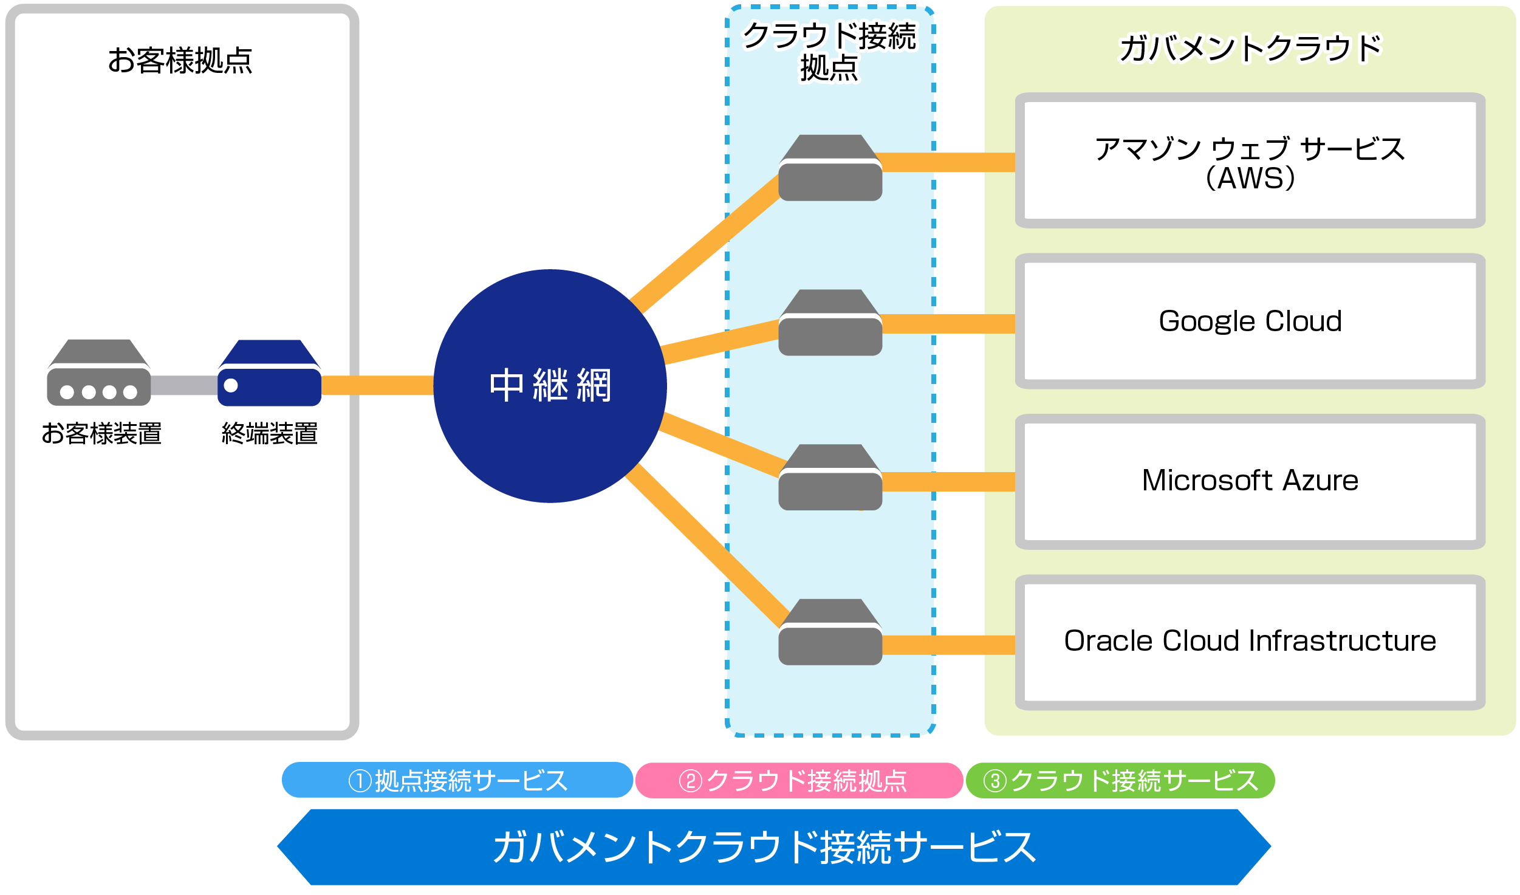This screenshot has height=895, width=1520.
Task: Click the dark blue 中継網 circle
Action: pyautogui.click(x=550, y=386)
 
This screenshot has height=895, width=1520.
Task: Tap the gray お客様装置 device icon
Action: pyautogui.click(x=99, y=373)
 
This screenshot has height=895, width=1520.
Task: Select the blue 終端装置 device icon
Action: pyautogui.click(x=269, y=373)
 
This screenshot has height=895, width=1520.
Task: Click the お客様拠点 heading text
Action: pyautogui.click(x=180, y=60)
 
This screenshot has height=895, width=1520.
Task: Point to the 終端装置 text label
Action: pyautogui.click(x=269, y=433)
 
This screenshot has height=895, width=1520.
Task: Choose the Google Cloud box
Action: pyautogui.click(x=1250, y=321)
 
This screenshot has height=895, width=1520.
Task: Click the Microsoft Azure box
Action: pyautogui.click(x=1250, y=481)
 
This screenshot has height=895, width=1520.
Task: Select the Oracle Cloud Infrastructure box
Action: pyautogui.click(x=1250, y=642)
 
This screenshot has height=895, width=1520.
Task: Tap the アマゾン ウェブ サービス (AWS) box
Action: pyautogui.click(x=1250, y=161)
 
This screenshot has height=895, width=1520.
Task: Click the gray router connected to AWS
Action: pyautogui.click(x=830, y=168)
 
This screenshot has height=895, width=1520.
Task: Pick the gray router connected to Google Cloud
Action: pyautogui.click(x=830, y=323)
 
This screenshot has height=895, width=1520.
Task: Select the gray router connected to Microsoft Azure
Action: pyautogui.click(x=830, y=478)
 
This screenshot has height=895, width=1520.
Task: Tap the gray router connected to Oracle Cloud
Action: pyautogui.click(x=830, y=633)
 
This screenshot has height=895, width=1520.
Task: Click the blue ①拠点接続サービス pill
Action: pyautogui.click(x=457, y=780)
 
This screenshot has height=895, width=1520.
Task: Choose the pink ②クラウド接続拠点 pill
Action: pyautogui.click(x=798, y=780)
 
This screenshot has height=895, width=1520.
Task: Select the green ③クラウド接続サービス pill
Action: pyautogui.click(x=1120, y=780)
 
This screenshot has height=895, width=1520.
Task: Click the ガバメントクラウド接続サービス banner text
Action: pyautogui.click(x=764, y=847)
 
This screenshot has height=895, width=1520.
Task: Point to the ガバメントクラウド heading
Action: pyautogui.click(x=1250, y=49)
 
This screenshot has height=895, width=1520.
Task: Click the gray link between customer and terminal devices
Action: pyautogui.click(x=183, y=385)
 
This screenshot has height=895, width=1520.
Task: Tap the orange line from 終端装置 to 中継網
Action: pyautogui.click(x=377, y=385)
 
